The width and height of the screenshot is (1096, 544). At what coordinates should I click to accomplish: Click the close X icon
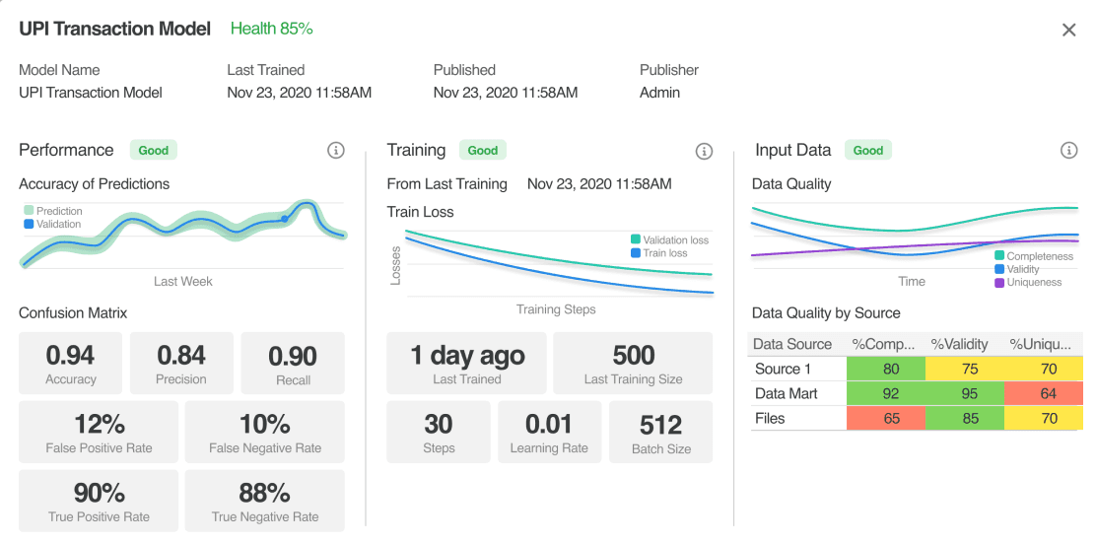pos(1068,31)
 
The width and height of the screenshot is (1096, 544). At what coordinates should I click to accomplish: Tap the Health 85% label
pos(271,29)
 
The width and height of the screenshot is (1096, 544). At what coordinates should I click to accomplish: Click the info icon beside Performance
pos(336,151)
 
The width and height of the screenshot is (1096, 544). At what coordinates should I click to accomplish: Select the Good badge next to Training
pos(482,151)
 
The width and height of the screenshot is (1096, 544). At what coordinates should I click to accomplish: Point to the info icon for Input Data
pos(1068,151)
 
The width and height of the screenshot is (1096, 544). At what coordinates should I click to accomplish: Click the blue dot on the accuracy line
pos(285,219)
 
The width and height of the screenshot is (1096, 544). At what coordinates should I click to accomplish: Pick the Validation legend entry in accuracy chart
pos(52,225)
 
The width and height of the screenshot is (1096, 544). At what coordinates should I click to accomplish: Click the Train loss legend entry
pos(658,253)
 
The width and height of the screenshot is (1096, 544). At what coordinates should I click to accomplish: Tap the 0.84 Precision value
pos(181,356)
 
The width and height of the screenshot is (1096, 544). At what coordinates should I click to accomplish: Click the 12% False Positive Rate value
pos(98,424)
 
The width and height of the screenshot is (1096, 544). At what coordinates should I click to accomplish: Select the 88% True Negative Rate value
pos(265,493)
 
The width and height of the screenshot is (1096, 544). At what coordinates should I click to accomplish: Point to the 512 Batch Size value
pos(660,425)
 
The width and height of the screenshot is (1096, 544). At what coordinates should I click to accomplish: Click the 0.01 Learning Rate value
pos(549,425)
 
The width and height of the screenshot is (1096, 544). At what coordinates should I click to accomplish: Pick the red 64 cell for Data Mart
pos(1048,393)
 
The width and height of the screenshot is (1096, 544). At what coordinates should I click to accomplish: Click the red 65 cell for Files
pos(886,419)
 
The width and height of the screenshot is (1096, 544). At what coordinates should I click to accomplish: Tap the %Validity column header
pos(959,344)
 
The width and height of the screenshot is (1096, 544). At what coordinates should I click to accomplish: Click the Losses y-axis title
pos(395,265)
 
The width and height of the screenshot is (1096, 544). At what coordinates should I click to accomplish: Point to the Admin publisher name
pos(659,93)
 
